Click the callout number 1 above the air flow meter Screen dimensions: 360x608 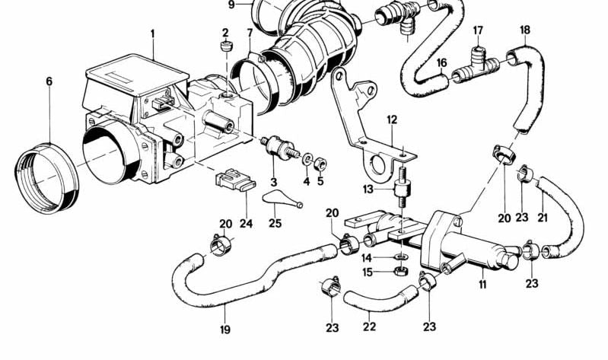pyautogui.click(x=152, y=33)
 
